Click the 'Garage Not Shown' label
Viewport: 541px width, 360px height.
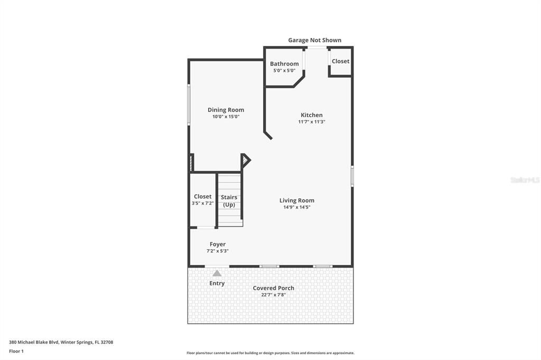pyautogui.click(x=314, y=40)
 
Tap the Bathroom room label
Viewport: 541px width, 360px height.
pyautogui.click(x=284, y=64)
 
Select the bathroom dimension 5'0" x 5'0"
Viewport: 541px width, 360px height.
pyautogui.click(x=284, y=71)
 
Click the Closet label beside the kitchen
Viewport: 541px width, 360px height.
pyautogui.click(x=340, y=61)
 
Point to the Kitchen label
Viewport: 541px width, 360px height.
pyautogui.click(x=311, y=115)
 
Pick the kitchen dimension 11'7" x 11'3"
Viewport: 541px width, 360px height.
pyautogui.click(x=311, y=122)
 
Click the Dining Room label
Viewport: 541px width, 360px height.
pyautogui.click(x=226, y=110)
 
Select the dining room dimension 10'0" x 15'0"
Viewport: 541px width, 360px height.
pyautogui.click(x=226, y=117)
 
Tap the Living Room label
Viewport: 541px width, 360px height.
pyautogui.click(x=296, y=200)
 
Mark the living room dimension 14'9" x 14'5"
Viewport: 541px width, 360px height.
pyautogui.click(x=296, y=207)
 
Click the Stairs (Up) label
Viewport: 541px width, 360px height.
pyautogui.click(x=229, y=201)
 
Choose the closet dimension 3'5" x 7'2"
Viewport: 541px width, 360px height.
pyautogui.click(x=202, y=203)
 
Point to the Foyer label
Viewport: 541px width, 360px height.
pyautogui.click(x=217, y=244)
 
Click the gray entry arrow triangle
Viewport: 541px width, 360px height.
pyautogui.click(x=217, y=273)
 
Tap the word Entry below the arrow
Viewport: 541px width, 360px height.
pyautogui.click(x=217, y=283)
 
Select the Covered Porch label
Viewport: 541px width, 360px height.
pyautogui.click(x=273, y=288)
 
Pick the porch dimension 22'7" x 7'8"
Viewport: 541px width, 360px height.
pyautogui.click(x=273, y=295)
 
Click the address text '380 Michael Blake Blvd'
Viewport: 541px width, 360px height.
pyautogui.click(x=34, y=342)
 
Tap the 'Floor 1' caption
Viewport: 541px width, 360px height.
pyautogui.click(x=16, y=351)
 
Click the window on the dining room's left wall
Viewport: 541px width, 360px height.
pyautogui.click(x=189, y=105)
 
